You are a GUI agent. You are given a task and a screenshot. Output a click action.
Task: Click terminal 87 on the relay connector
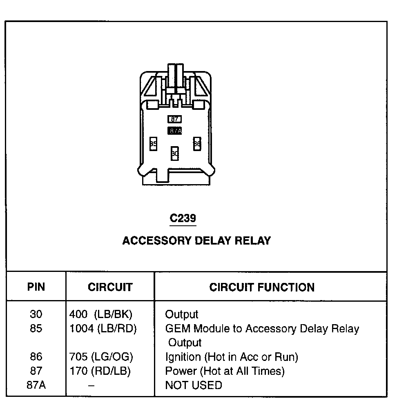[175, 119]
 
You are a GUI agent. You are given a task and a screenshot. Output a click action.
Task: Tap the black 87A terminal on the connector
[175, 131]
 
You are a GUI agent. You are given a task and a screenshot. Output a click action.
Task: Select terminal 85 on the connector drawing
[153, 144]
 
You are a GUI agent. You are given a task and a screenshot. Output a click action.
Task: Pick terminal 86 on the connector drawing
[197, 144]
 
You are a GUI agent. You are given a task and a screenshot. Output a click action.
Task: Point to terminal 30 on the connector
[175, 154]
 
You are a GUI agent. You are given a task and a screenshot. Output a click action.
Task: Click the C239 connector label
[183, 218]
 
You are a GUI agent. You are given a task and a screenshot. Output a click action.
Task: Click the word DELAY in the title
[214, 240]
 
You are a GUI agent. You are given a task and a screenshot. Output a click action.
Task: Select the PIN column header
[36, 287]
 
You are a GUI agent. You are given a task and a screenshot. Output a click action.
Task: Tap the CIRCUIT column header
[110, 287]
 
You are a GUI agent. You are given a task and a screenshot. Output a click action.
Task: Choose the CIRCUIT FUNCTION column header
[262, 287]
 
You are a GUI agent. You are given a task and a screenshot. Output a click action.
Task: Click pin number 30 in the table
[36, 314]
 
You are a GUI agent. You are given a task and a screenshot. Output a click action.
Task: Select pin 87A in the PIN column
[36, 385]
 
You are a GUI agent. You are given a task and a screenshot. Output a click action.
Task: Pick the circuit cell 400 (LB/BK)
[101, 314]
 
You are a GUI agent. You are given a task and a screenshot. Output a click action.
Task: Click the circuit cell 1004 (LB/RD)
[103, 329]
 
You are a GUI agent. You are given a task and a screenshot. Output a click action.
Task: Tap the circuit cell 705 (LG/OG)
[102, 357]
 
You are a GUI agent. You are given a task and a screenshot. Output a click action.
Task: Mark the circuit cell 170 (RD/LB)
[100, 371]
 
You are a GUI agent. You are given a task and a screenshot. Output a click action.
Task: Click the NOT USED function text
[194, 385]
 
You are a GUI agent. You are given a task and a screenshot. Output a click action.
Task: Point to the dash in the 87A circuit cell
[92, 385]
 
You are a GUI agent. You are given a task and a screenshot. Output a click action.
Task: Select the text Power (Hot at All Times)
[225, 371]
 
